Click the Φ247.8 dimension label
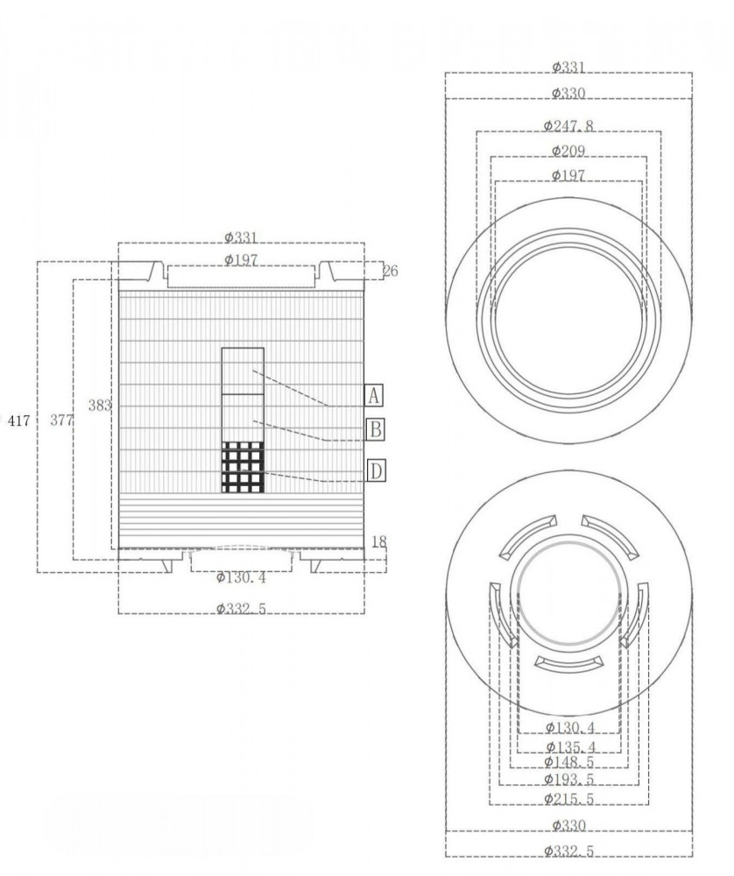568,125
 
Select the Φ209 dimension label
568,151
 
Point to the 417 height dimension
19,420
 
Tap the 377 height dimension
61,420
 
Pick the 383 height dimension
100,406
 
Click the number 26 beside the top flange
391,271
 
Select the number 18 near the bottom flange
378,542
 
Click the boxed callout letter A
374,396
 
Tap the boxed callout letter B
376,429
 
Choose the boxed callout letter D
376,471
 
